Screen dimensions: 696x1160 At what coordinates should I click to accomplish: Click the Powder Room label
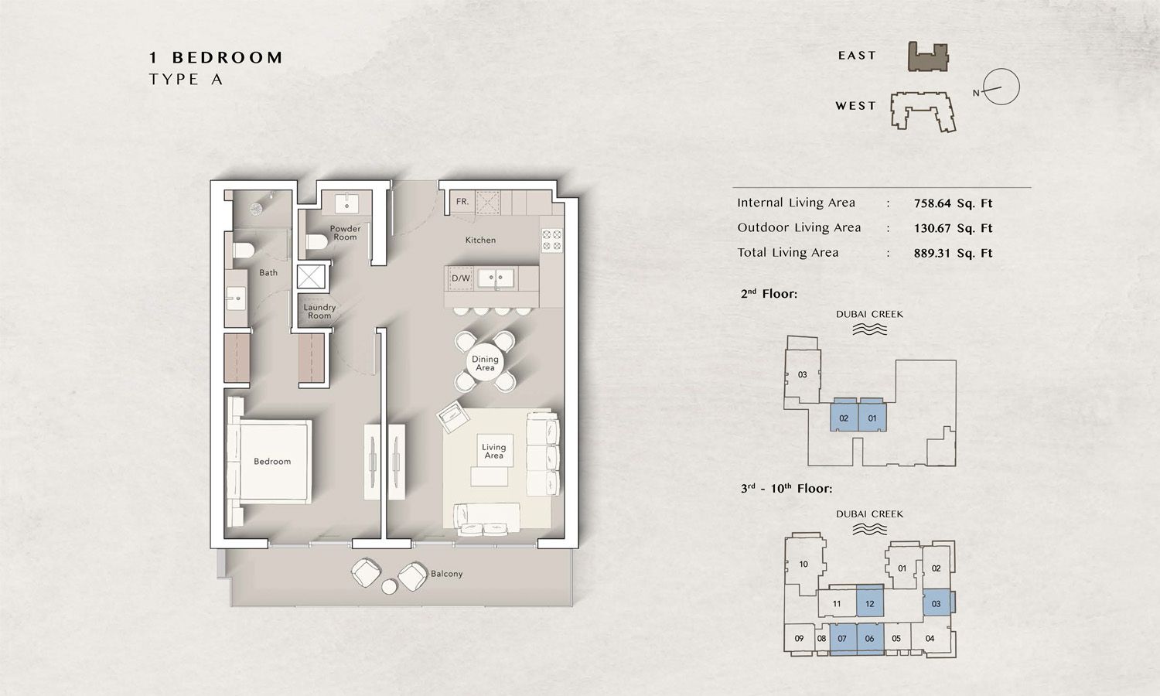345,233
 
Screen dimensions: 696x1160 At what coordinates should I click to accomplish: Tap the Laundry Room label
319,312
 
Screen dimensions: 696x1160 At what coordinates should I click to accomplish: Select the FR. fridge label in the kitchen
462,202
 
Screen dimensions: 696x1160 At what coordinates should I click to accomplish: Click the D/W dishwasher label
461,278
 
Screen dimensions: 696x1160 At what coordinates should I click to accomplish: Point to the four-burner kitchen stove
551,240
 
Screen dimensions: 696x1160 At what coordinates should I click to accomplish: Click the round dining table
485,363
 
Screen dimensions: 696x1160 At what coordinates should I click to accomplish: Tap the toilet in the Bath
244,249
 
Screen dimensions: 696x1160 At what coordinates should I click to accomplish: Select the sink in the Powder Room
346,203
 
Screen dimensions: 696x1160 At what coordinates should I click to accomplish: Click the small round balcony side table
390,587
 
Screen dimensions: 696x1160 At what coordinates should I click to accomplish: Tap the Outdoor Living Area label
799,227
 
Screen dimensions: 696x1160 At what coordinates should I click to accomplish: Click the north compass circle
1001,87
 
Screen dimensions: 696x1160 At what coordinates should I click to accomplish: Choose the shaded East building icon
927,57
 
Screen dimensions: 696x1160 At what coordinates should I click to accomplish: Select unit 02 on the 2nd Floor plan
844,418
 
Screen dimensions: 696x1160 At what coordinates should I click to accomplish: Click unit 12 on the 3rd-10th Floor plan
870,602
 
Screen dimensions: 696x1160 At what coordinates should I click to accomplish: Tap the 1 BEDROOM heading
217,57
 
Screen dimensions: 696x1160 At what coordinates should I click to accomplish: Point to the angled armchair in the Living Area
453,418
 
